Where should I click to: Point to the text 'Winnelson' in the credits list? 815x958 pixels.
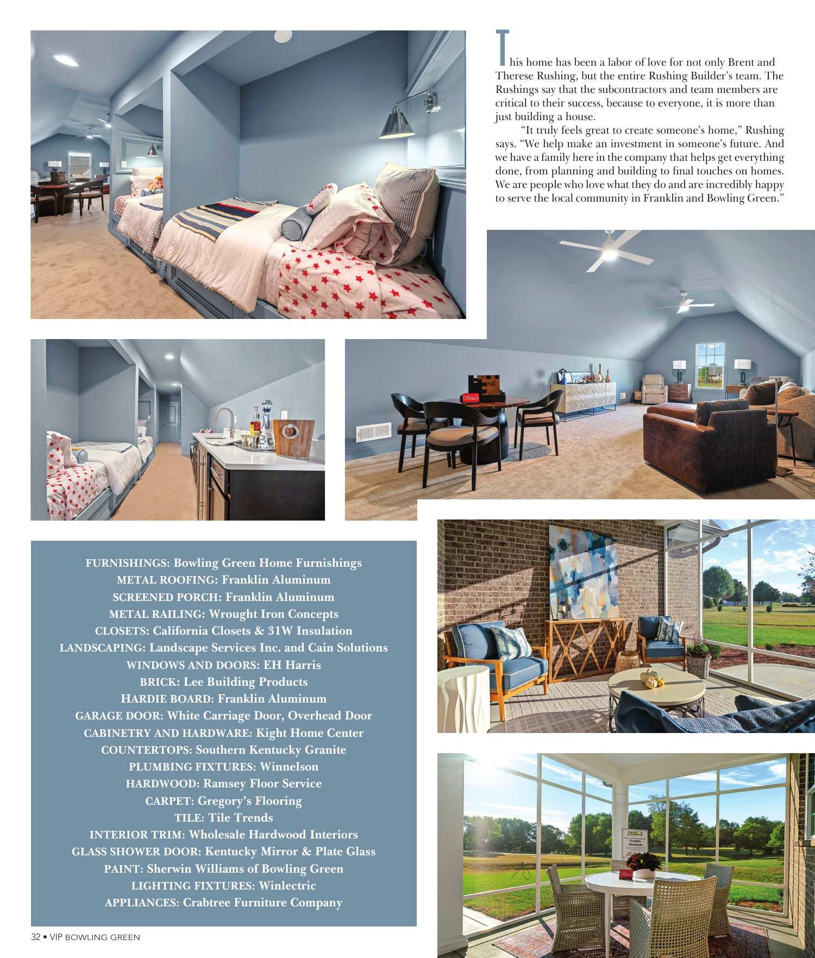tap(289, 767)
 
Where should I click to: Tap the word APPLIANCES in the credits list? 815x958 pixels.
tap(141, 903)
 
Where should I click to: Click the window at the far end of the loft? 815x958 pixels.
tap(710, 365)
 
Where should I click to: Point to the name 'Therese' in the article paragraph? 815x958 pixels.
tap(515, 76)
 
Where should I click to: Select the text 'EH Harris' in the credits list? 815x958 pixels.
tap(292, 665)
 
